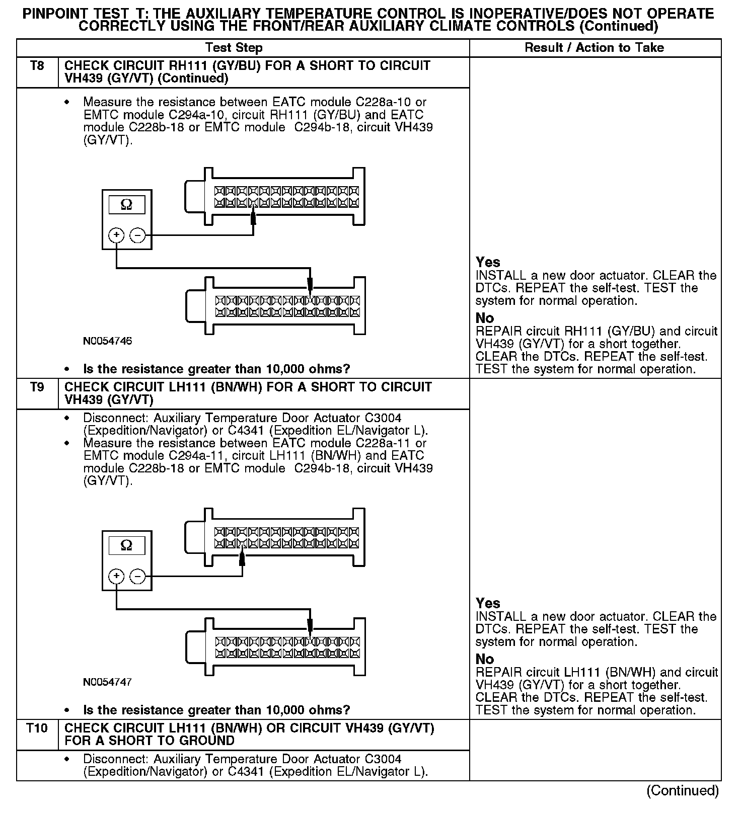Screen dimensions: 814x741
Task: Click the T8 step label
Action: click(x=37, y=66)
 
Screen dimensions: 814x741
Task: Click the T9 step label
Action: click(x=37, y=387)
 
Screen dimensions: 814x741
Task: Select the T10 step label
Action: click(x=37, y=728)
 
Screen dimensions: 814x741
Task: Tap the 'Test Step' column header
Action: click(x=234, y=48)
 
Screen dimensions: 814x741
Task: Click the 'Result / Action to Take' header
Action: click(x=594, y=48)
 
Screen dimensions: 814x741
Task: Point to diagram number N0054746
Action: click(x=108, y=341)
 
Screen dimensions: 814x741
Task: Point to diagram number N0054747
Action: click(x=108, y=682)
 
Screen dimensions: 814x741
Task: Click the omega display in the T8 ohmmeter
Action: click(x=127, y=205)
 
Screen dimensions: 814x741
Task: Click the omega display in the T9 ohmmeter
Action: click(x=127, y=545)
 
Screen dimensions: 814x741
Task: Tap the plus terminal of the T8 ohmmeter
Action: click(x=116, y=235)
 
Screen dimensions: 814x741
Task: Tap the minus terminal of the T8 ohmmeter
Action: click(x=137, y=235)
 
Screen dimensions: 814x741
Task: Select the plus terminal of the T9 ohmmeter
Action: click(x=116, y=576)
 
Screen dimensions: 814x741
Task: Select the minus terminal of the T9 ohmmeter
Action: click(x=137, y=576)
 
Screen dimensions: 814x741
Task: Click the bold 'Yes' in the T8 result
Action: click(x=488, y=262)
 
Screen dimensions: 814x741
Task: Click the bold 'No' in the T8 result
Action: click(x=485, y=318)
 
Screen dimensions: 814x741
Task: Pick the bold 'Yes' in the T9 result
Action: click(x=488, y=603)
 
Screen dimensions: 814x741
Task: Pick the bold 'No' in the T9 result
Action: click(x=485, y=659)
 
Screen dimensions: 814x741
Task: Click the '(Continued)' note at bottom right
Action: click(x=682, y=790)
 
